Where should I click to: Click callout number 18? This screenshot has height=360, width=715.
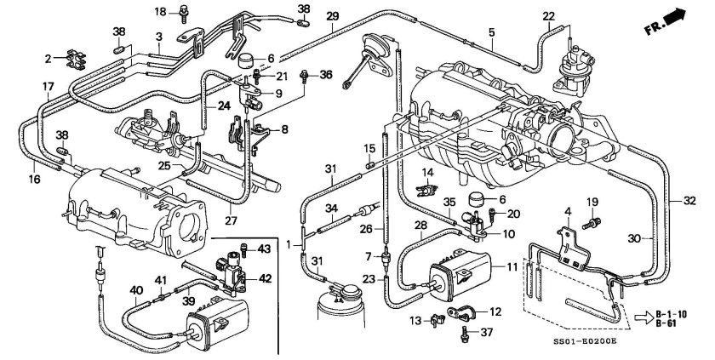[x=160, y=12]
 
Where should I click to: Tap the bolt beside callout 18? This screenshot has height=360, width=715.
[x=184, y=13]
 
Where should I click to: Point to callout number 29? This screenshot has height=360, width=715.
[x=333, y=17]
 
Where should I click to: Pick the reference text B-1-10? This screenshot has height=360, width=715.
[x=672, y=314]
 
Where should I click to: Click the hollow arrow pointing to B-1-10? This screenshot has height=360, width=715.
[x=643, y=318]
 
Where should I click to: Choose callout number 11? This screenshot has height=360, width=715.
[x=512, y=266]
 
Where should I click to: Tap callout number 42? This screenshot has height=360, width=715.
[x=265, y=278]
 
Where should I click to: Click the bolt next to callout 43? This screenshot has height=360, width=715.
[x=243, y=249]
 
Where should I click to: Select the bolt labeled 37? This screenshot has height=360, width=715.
[x=465, y=333]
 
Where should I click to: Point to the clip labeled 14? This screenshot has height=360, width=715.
[x=426, y=190]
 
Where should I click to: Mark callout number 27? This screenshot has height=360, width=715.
[x=232, y=220]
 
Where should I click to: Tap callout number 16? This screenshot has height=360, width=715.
[x=35, y=179]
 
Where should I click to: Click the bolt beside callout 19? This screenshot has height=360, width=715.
[x=592, y=223]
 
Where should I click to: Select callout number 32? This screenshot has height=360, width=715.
[x=689, y=201]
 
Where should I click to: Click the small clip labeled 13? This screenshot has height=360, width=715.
[x=438, y=320]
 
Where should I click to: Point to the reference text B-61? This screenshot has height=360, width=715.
[x=666, y=323]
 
